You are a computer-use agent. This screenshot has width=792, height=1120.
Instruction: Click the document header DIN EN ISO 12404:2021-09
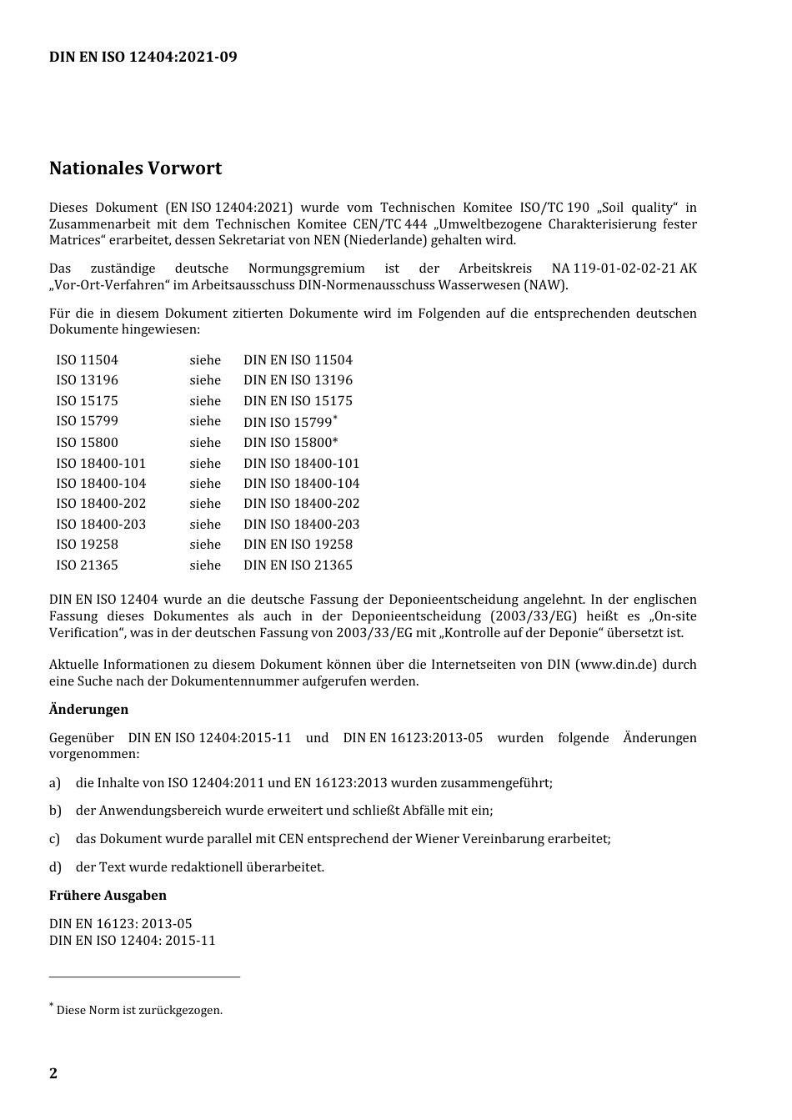(143, 57)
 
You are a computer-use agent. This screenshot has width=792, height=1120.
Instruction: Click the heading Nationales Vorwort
(135, 168)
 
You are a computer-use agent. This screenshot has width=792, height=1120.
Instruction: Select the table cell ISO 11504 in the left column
(88, 360)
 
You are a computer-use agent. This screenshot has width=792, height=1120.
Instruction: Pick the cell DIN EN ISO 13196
(298, 380)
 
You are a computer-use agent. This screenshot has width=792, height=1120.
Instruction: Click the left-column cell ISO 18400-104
(101, 484)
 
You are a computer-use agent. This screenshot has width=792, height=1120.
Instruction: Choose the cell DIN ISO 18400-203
(301, 525)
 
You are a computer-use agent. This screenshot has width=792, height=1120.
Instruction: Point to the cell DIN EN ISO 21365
(298, 565)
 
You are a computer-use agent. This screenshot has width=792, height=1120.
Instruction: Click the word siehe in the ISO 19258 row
(205, 545)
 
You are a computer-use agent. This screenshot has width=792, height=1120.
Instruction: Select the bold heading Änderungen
(88, 710)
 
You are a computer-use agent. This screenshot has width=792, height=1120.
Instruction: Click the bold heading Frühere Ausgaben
(108, 896)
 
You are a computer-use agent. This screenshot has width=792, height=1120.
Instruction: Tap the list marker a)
(55, 783)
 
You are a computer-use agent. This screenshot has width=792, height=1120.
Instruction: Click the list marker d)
(55, 867)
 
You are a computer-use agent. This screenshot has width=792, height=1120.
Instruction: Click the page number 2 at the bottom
(53, 1073)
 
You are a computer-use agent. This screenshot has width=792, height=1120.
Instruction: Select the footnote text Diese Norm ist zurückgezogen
(139, 1011)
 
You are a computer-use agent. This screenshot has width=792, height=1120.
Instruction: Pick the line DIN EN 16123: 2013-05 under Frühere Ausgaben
(120, 924)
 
